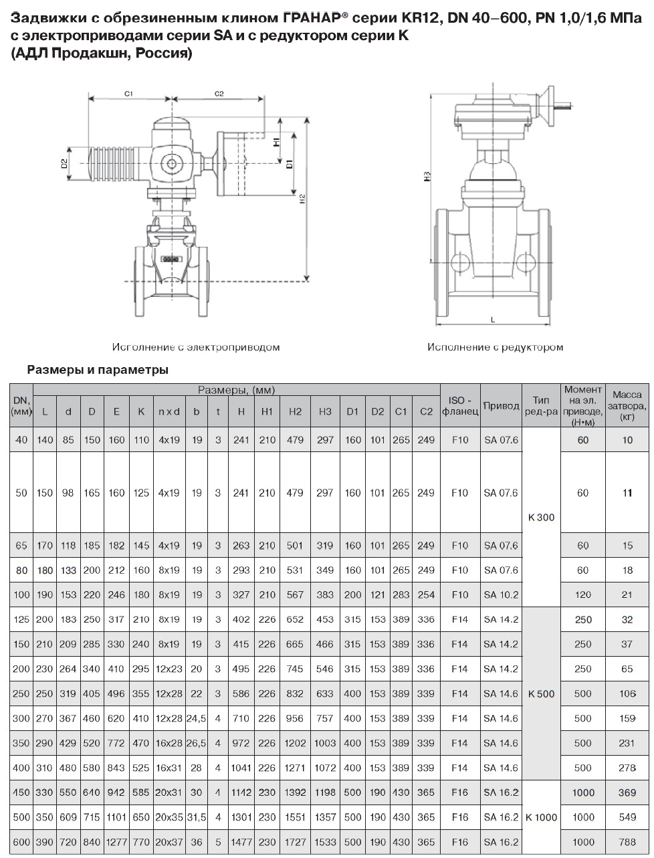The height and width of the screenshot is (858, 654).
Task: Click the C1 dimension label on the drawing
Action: tap(130, 94)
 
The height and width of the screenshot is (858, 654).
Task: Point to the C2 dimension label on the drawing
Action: tap(219, 94)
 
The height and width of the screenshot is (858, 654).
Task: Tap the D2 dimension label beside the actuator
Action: tap(65, 164)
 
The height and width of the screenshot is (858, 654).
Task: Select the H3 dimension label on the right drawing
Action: tap(426, 177)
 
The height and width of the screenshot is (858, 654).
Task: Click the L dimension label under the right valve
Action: tap(493, 320)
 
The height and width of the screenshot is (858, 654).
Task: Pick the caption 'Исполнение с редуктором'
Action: tap(495, 347)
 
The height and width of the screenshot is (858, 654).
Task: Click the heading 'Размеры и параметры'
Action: tap(97, 370)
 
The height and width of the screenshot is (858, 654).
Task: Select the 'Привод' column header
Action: tap(501, 406)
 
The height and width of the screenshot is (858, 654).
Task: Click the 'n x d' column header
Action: tap(169, 412)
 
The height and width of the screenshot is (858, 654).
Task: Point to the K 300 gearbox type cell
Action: tap(541, 517)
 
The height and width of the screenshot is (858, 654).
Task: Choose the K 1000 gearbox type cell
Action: tap(541, 817)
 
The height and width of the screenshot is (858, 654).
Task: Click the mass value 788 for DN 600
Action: tap(627, 842)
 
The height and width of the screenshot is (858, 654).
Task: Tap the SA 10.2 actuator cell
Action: tap(501, 595)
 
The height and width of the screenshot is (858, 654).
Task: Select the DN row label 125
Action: tap(21, 619)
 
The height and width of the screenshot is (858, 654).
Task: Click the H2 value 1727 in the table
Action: tap(295, 842)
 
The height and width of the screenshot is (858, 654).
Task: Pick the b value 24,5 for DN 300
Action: tap(196, 718)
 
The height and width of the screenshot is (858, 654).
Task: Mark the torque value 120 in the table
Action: tap(582, 595)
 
